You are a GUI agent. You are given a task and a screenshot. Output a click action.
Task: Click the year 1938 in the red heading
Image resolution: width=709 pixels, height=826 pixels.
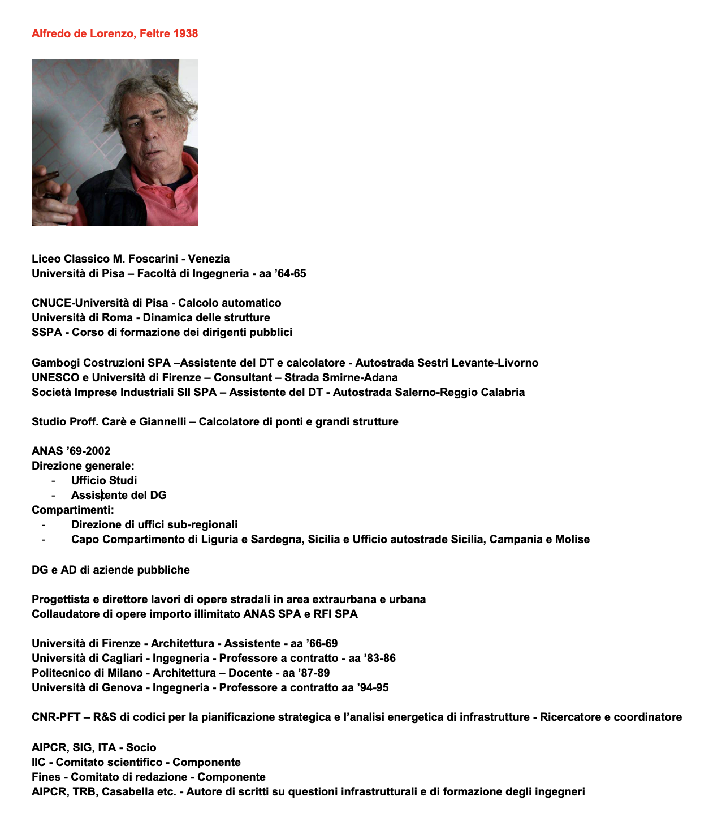(185, 33)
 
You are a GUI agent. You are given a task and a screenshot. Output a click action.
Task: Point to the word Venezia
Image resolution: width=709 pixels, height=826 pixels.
(209, 259)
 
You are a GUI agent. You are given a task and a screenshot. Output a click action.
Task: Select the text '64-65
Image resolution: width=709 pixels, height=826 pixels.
(291, 273)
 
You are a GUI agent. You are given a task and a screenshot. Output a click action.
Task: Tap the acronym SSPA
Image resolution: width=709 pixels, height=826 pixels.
(46, 332)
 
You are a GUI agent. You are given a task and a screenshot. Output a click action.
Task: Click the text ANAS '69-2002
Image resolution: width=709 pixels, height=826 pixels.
(71, 451)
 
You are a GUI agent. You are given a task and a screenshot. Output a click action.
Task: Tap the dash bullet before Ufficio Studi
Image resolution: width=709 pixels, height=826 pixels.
(53, 480)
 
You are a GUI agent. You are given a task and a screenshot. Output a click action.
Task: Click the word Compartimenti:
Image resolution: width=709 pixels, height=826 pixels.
(72, 510)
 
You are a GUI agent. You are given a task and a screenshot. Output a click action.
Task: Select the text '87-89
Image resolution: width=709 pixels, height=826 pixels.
(314, 673)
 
